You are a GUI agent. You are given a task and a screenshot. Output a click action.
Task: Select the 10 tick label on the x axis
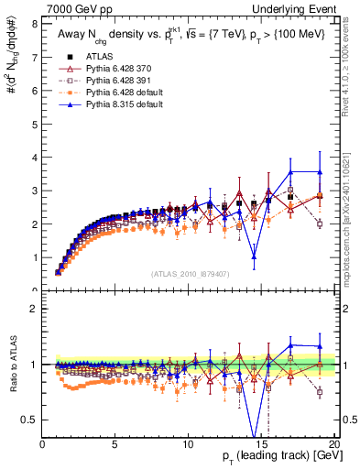[x=188, y=444]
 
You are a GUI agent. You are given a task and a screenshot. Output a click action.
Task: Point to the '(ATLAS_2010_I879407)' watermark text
[x=191, y=274]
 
